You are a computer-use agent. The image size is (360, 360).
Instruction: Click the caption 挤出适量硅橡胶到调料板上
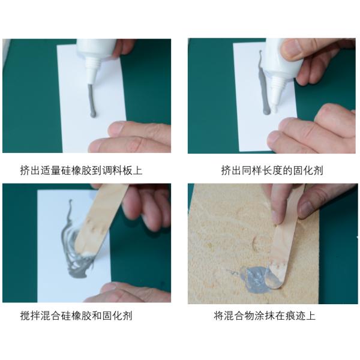click(81, 170)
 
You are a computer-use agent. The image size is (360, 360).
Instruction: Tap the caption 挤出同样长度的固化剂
click(272, 170)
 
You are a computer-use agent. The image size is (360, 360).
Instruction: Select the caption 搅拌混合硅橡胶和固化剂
click(76, 316)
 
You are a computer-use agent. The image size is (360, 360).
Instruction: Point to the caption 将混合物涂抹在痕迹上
click(265, 316)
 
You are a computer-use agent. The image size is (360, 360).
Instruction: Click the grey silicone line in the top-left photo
click(92, 101)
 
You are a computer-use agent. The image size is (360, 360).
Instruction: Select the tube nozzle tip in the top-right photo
click(274, 109)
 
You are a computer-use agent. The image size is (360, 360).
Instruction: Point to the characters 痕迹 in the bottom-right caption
click(295, 316)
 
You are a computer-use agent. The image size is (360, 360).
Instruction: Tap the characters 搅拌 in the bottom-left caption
click(30, 316)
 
